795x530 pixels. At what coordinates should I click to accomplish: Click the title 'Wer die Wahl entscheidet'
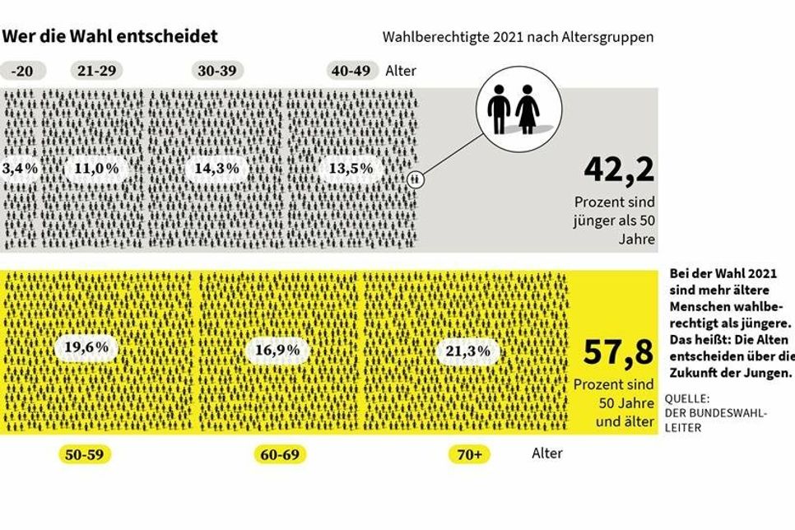[x=110, y=36]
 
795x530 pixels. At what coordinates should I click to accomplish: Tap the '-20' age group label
[x=24, y=71]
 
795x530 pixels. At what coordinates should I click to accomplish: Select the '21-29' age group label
[x=96, y=71]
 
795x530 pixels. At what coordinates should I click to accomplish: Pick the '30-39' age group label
[x=217, y=71]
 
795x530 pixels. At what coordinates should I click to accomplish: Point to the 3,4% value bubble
[x=17, y=169]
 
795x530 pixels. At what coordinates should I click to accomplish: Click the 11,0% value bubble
[x=96, y=169]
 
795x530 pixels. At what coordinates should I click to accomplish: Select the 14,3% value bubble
[x=217, y=169]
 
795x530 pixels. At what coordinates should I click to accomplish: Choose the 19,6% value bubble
[x=86, y=347]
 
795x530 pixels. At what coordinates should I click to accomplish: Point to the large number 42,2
[x=619, y=170]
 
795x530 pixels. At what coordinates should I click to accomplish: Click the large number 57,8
[x=619, y=352]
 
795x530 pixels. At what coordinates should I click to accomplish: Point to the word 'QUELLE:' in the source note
[x=688, y=401]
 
